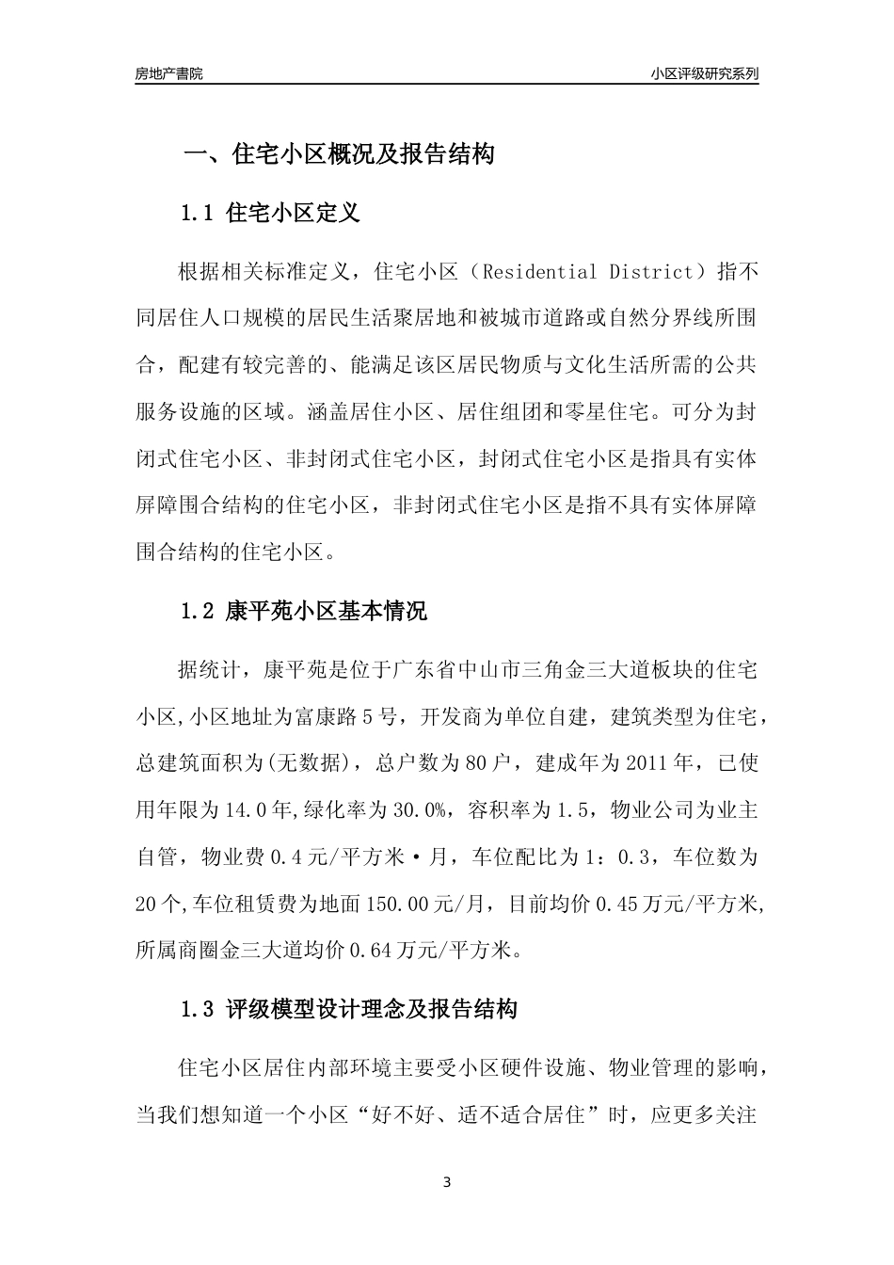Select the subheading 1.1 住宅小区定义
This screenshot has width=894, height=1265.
pyautogui.click(x=270, y=214)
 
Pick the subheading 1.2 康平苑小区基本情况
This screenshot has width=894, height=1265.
pyautogui.click(x=303, y=612)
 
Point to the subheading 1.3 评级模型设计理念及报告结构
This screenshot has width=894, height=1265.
pyautogui.click(x=348, y=1011)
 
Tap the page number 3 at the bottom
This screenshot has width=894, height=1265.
pyautogui.click(x=447, y=1182)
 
